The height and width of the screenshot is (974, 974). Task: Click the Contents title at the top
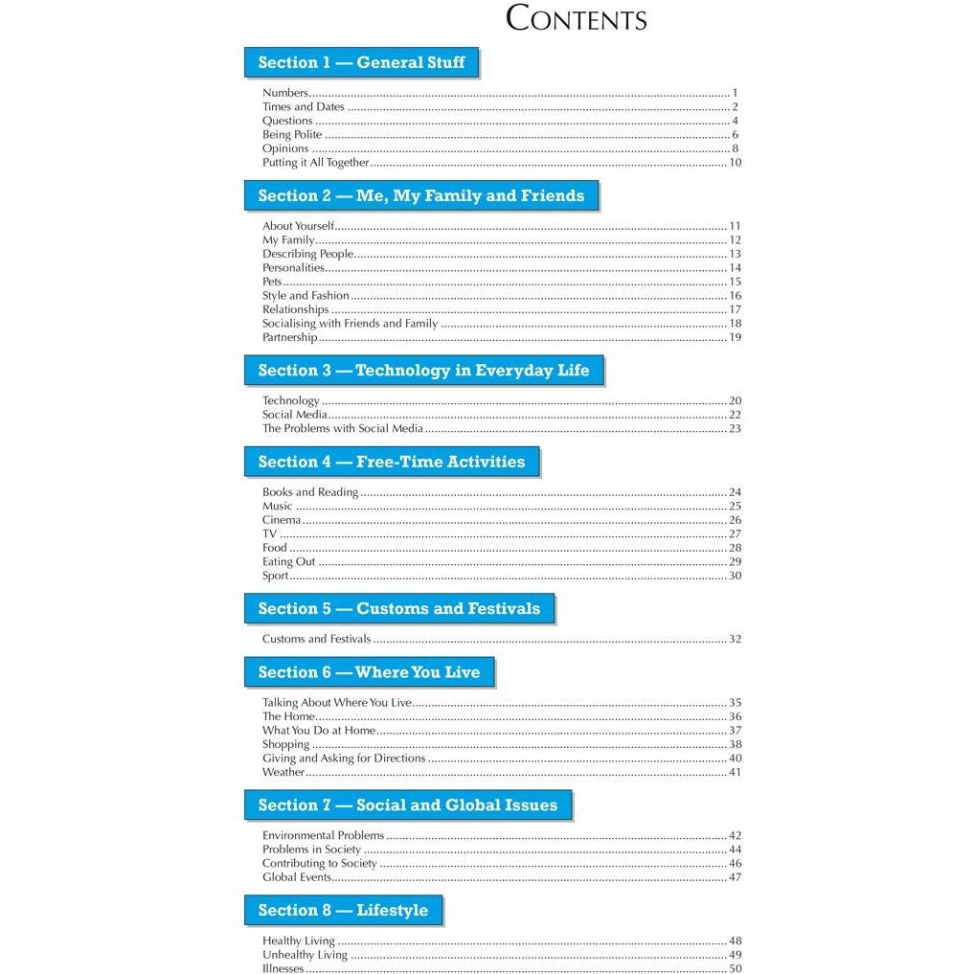[x=576, y=18]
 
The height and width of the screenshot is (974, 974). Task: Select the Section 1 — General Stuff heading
[x=361, y=63]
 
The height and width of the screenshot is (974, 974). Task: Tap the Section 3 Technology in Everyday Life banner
[x=423, y=371]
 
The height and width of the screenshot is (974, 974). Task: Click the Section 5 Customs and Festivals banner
[x=398, y=609]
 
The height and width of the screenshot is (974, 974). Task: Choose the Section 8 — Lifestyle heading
[x=343, y=911]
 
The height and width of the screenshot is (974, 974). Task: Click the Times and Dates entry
[x=303, y=107]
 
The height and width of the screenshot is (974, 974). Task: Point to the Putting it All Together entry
[x=315, y=163]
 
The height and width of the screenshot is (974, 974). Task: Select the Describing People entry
[x=307, y=254]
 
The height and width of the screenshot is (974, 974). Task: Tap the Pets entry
[x=272, y=282]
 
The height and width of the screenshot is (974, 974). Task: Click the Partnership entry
[x=289, y=337]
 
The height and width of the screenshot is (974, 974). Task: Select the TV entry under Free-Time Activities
[x=269, y=533]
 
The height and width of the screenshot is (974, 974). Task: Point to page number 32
[x=735, y=639]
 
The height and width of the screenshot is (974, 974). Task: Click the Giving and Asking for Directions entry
[x=343, y=758]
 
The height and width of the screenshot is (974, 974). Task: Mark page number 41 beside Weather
[x=735, y=772]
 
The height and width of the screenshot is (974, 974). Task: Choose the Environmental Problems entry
[x=323, y=835]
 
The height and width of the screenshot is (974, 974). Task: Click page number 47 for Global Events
[x=735, y=877]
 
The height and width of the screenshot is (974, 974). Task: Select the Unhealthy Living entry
[x=305, y=955]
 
